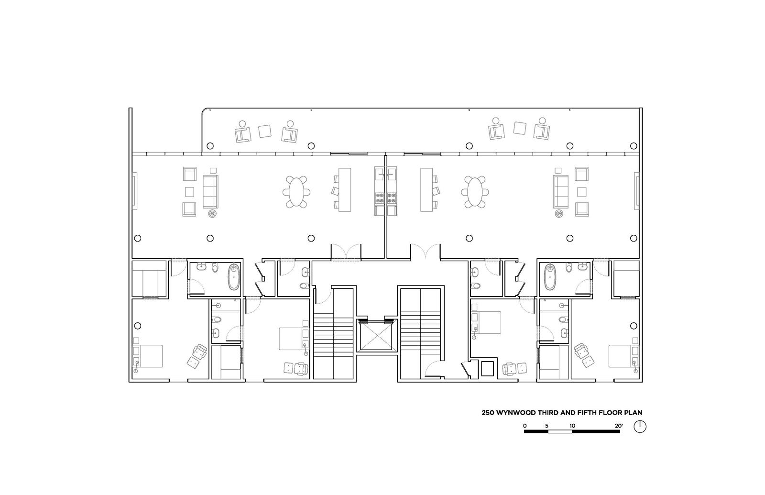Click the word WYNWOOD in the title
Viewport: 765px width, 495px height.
coord(516,413)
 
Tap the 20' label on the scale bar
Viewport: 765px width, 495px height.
coord(619,426)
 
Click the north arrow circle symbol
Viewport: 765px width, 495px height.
coord(640,427)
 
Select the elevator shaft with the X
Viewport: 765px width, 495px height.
coord(377,336)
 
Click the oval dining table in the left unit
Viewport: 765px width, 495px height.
coord(296,192)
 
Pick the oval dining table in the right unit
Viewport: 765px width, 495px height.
coord(474,192)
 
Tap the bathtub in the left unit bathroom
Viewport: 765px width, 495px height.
coord(234,277)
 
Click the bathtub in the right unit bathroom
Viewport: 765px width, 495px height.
coord(550,277)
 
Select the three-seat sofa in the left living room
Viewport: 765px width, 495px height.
coord(210,191)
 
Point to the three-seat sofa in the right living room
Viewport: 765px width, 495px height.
coord(561,191)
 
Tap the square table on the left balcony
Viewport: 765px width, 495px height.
coord(265,131)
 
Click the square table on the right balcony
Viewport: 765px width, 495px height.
coord(520,128)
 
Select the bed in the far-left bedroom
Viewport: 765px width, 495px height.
coord(148,356)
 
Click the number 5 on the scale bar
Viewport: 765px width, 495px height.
coord(547,426)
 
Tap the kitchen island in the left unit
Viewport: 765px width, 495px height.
coord(345,189)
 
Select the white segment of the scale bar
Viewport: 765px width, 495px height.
coord(560,431)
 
